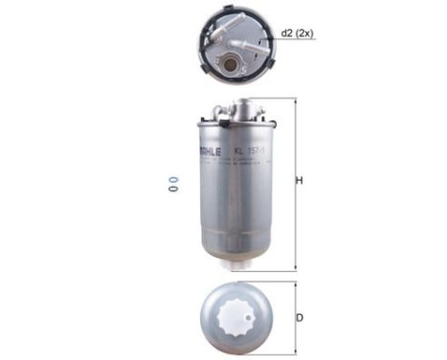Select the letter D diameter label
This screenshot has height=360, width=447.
[300, 318]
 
